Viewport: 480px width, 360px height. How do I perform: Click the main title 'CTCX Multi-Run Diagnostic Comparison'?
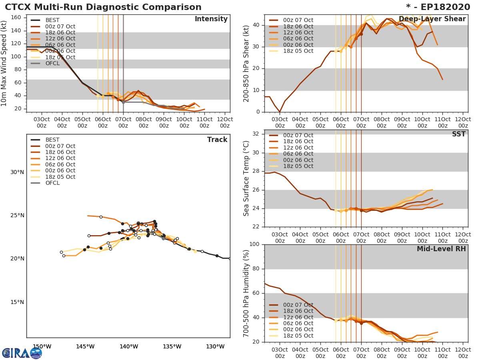coord(103,7)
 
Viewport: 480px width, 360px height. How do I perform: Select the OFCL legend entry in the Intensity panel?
coord(52,63)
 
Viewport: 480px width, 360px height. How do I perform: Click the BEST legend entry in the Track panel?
coord(52,140)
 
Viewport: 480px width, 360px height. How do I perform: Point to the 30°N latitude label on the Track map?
coord(17,172)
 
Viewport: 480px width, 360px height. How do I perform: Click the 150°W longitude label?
coord(42,346)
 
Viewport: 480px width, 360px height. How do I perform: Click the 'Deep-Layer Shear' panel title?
coord(432,19)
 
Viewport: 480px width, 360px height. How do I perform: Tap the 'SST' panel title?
coord(458,134)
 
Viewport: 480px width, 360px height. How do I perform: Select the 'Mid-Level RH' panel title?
coord(441,249)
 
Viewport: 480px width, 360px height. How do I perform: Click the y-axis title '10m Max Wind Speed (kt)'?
coord(4,63)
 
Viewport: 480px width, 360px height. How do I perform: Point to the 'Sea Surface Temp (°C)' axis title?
coord(246,178)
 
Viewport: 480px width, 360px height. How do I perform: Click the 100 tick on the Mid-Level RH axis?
coord(255,244)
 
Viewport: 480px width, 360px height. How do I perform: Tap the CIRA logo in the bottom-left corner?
coord(22,353)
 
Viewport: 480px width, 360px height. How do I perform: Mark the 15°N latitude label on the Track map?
coord(17,302)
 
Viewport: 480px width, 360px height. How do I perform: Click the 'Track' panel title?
coord(217,140)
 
